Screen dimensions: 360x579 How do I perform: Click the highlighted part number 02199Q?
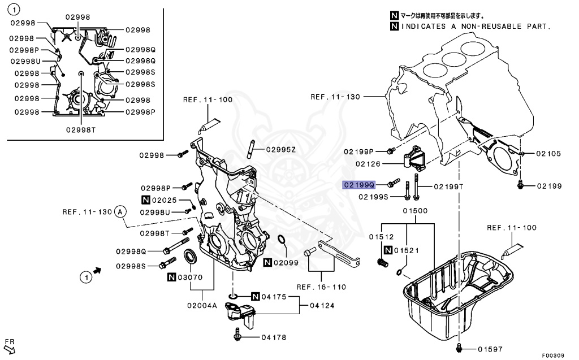tap(358, 185)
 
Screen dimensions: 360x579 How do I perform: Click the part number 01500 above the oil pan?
tap(415, 211)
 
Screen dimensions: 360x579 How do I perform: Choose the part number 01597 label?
tap(490, 349)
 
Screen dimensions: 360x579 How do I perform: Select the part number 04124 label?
tap(325, 306)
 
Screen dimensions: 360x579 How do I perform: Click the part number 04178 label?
tap(274, 337)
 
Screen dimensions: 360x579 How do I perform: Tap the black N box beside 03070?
tap(171, 277)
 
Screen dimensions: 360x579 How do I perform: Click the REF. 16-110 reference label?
tap(321, 287)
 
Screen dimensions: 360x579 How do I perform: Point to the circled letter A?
tap(119, 212)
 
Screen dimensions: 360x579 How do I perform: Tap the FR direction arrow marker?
tap(10, 345)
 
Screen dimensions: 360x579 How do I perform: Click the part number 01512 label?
tap(381, 237)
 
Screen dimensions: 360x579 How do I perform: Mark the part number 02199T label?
tap(449, 186)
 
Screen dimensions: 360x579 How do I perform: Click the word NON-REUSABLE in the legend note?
tap(491, 26)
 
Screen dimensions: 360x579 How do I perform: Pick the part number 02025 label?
tap(167, 200)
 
